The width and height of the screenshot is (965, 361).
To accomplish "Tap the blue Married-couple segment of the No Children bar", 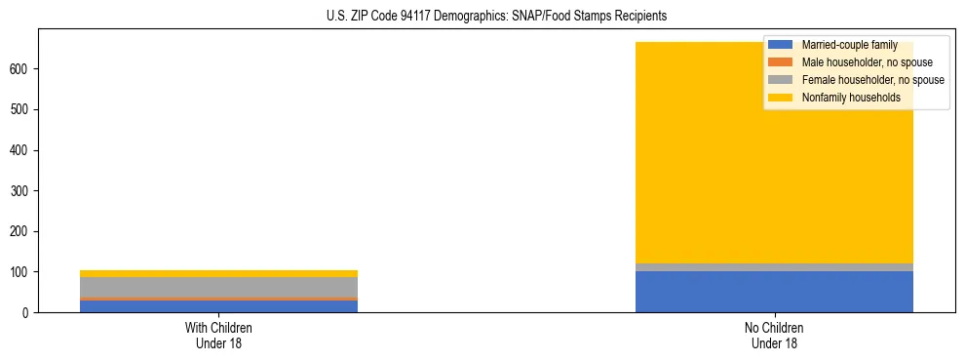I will (774, 292).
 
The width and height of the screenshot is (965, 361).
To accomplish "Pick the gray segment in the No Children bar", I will (774, 267).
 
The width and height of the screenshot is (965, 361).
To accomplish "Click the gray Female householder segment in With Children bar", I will (218, 287).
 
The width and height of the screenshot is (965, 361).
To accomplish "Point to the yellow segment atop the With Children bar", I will (218, 273).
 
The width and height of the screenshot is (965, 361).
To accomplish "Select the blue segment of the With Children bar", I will (218, 306).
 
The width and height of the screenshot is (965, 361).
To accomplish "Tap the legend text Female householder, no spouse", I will (872, 80).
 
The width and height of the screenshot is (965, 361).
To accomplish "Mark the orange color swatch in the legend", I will (781, 62).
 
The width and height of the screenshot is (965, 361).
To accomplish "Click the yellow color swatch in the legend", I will (781, 98).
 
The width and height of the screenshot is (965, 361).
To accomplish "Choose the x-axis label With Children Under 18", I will (218, 336).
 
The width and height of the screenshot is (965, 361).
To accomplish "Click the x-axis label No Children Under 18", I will (774, 336).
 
